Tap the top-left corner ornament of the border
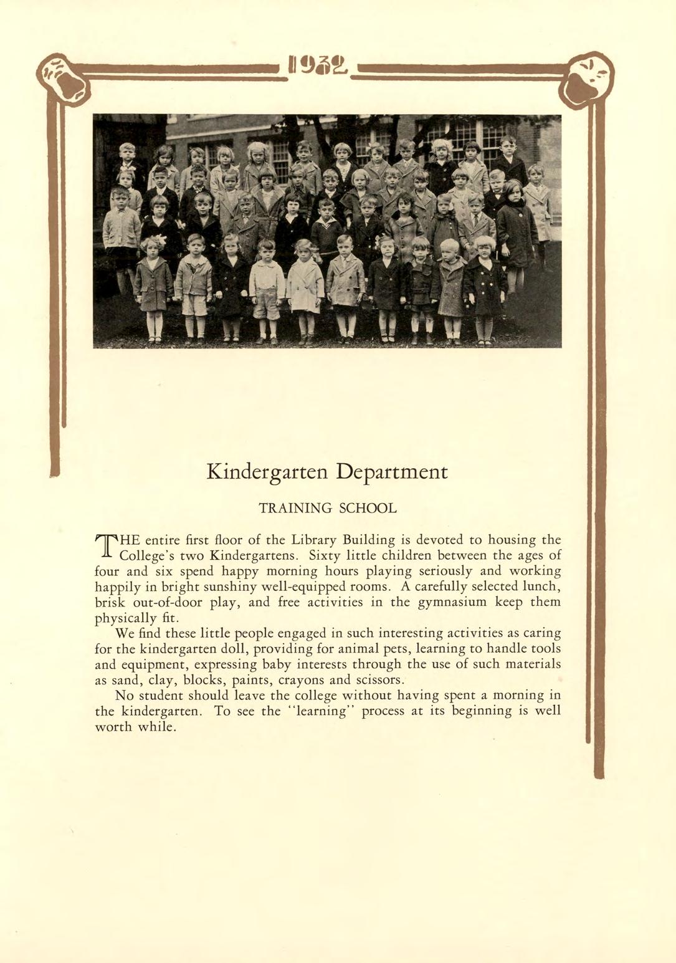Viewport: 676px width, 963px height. [x=64, y=78]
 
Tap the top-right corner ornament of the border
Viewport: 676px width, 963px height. [x=586, y=79]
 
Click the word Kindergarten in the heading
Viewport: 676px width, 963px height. [x=268, y=472]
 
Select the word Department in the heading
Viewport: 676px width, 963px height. [x=392, y=472]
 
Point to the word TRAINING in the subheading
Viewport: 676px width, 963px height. [x=296, y=508]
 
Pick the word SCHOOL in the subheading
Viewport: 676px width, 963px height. [x=368, y=508]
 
